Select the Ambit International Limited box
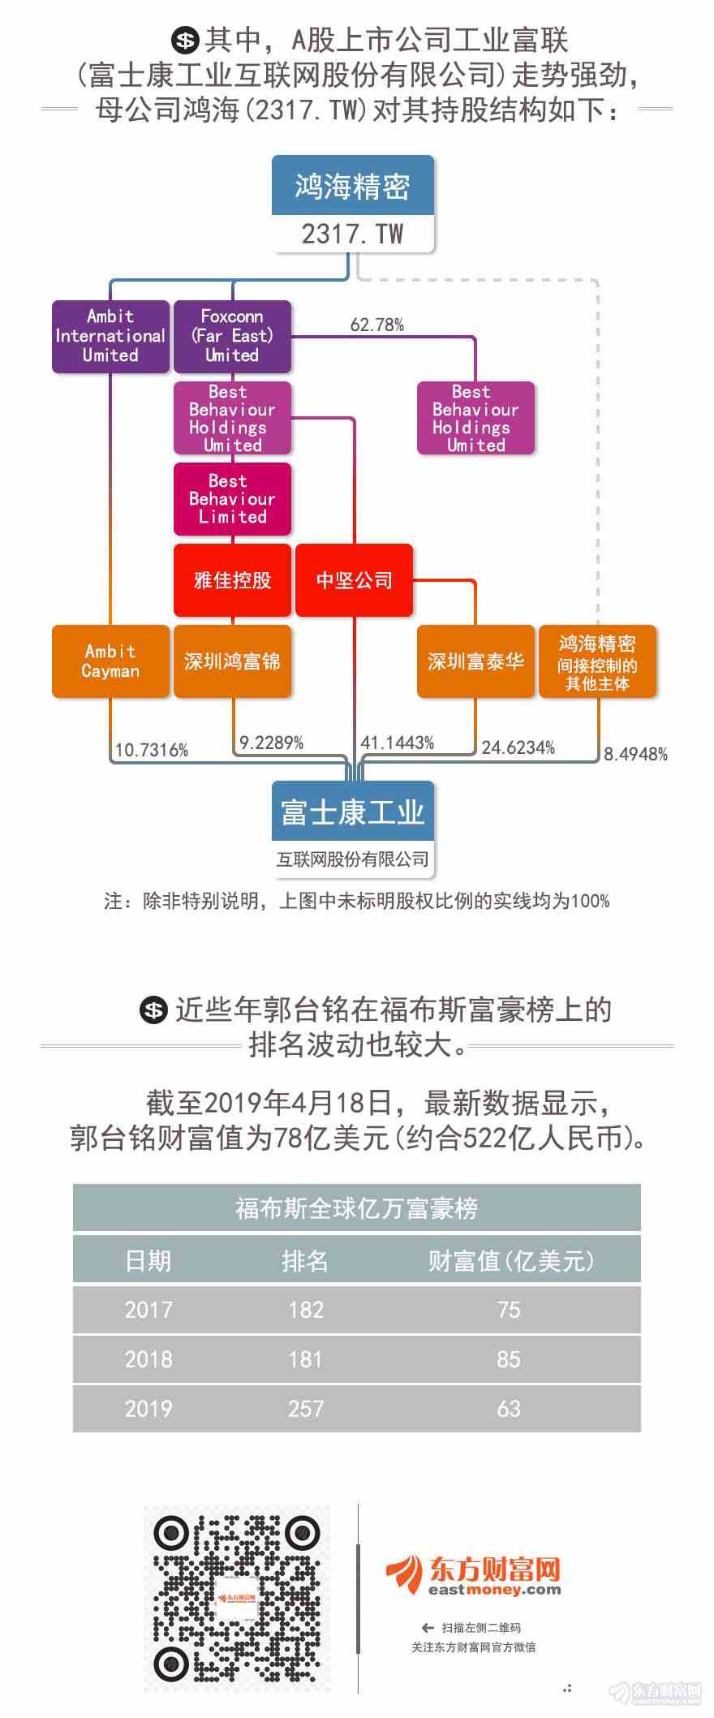click(110, 336)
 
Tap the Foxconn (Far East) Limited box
click(232, 336)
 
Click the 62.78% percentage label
click(377, 325)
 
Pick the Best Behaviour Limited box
click(232, 499)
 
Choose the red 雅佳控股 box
click(232, 580)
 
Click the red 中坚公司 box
click(354, 580)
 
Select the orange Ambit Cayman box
click(110, 661)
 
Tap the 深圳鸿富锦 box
click(232, 661)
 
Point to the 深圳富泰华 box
click(475, 661)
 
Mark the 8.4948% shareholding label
click(635, 754)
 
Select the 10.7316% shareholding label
click(151, 750)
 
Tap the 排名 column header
click(305, 1260)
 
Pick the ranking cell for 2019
click(306, 1408)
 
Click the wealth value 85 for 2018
click(509, 1358)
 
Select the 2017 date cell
click(148, 1309)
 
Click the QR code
click(236, 1598)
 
